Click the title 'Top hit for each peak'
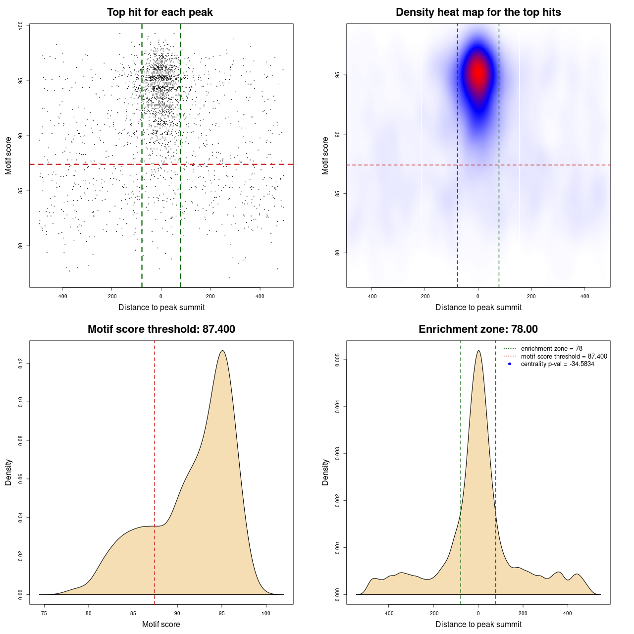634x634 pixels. click(159, 12)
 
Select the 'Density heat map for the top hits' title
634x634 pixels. click(478, 12)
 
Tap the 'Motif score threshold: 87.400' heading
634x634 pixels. click(161, 329)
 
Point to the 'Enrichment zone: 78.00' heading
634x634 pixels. click(478, 329)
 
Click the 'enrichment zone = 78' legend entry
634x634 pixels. click(551, 349)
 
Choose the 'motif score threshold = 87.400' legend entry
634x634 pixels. click(564, 356)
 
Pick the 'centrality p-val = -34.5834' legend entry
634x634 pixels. click(557, 364)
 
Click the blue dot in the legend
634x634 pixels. click(510, 364)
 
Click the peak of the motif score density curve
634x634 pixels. click(222, 351)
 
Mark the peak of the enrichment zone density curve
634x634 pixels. click(478, 351)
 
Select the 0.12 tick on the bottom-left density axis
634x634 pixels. click(21, 364)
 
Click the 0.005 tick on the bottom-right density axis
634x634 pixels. click(338, 360)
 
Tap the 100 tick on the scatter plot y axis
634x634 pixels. click(21, 26)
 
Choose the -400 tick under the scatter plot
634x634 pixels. click(62, 296)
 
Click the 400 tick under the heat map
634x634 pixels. click(585, 296)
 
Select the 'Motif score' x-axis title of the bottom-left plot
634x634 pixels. click(161, 624)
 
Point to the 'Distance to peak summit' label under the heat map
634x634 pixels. click(478, 307)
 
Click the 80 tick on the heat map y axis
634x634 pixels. click(338, 253)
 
